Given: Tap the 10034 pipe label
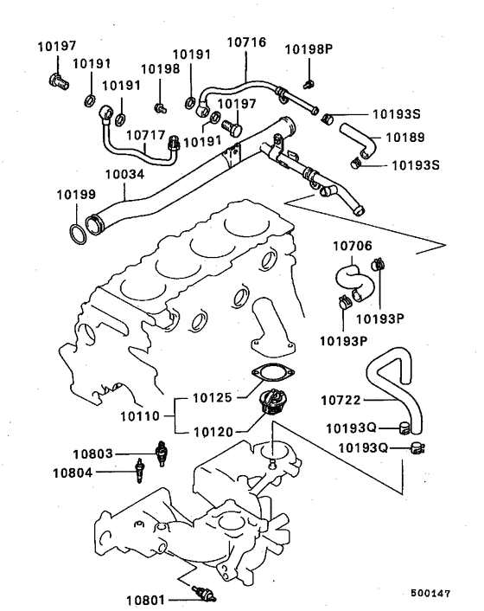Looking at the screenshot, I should click(124, 175).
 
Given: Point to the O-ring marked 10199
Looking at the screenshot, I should click(77, 231).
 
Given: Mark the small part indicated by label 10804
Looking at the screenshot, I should click(137, 473).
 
